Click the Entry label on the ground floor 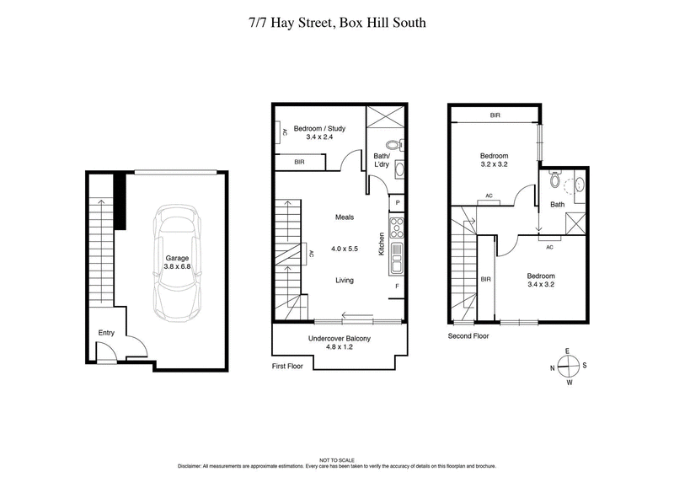coord(105,333)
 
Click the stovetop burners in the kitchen coord(397,228)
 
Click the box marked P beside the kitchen coord(397,203)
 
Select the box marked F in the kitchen coord(397,287)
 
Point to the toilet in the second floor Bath coord(554,179)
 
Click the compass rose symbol coord(569,366)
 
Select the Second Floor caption coord(468,335)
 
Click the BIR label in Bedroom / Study coord(299,162)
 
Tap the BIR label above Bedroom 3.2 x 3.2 coord(495,115)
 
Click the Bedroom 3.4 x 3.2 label coord(541,280)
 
